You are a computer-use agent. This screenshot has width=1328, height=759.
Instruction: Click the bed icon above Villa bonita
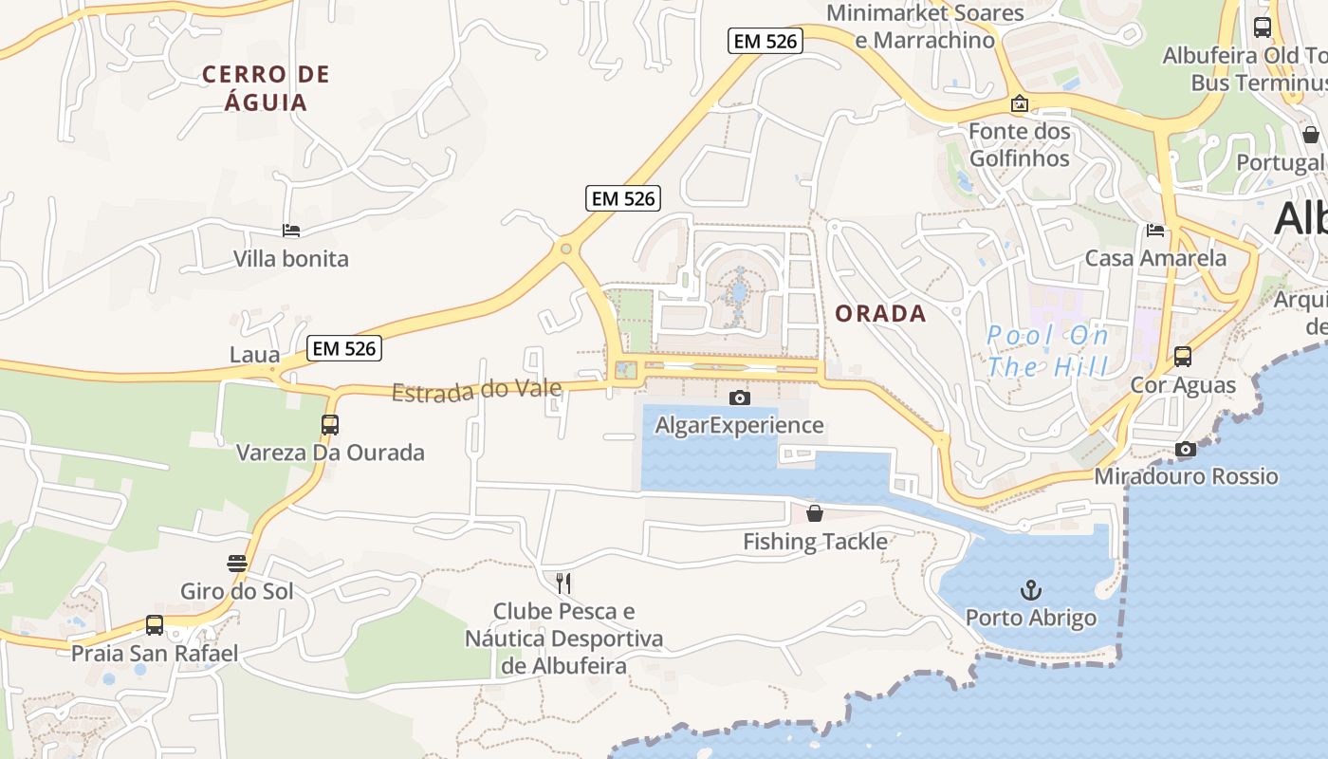[x=291, y=231]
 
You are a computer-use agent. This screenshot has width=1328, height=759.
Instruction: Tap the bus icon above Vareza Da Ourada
[x=330, y=425]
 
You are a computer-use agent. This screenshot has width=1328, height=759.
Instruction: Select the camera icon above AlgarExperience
[x=739, y=398]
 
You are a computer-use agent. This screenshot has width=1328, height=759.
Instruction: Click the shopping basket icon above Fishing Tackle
[x=815, y=514]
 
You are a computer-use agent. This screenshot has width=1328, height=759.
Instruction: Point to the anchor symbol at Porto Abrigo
[x=1030, y=590]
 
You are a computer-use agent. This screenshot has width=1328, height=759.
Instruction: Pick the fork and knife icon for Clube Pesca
[x=563, y=583]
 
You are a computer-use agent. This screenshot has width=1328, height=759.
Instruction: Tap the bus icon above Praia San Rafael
[x=155, y=625]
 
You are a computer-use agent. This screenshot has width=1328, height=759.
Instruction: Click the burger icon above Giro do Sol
[x=237, y=564]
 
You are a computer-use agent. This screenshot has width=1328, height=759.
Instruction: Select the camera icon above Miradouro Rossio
[x=1186, y=449]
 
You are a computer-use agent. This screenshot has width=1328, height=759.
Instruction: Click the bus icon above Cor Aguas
[x=1183, y=357]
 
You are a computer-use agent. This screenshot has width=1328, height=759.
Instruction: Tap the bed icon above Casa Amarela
[x=1155, y=230]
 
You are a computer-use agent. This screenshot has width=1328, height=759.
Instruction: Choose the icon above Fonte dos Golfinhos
[x=1020, y=103]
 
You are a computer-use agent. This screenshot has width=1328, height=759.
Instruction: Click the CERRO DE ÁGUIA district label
[x=267, y=88]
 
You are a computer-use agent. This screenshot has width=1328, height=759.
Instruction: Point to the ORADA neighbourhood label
[x=880, y=314]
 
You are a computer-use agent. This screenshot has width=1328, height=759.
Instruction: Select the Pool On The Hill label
[x=1047, y=350]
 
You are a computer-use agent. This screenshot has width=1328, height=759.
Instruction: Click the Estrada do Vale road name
[x=476, y=390]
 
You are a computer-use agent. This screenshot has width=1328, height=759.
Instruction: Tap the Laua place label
[x=255, y=355]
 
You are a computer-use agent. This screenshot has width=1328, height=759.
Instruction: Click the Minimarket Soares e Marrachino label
[x=925, y=27]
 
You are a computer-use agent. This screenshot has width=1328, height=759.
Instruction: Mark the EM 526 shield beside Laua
[x=345, y=348]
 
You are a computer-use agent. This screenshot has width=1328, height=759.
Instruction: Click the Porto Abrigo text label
[x=1031, y=619]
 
